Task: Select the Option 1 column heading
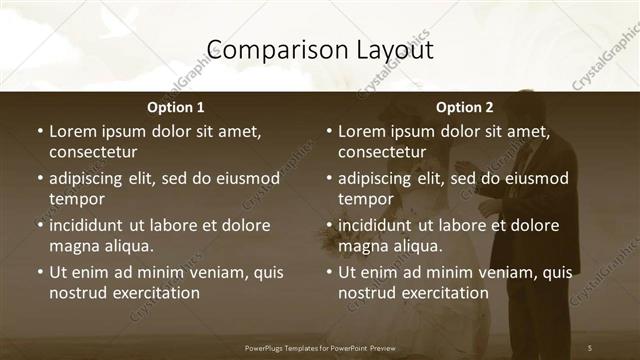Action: pyautogui.click(x=176, y=107)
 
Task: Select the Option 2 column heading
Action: pyautogui.click(x=465, y=107)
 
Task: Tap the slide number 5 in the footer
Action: pyautogui.click(x=590, y=347)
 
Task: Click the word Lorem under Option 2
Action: pyautogui.click(x=362, y=131)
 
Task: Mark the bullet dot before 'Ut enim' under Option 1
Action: pyautogui.click(x=39, y=272)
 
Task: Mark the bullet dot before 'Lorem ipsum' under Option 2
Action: pyautogui.click(x=328, y=131)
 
